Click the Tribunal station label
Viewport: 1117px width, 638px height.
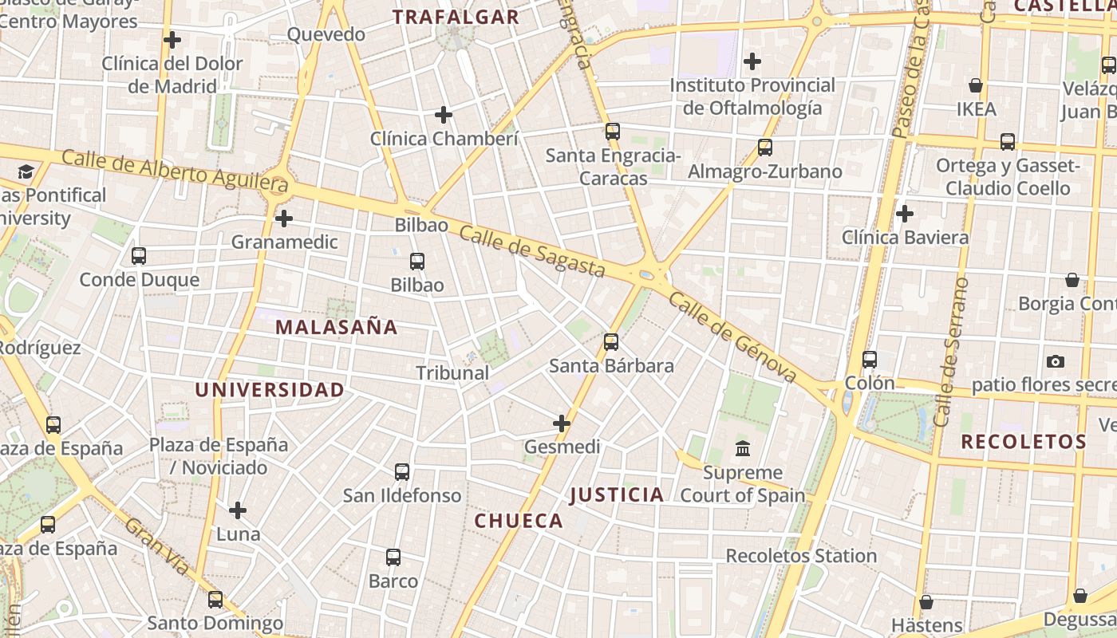[452, 372]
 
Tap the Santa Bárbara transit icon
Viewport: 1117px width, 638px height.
[611, 342]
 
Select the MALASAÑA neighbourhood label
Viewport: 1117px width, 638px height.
[336, 327]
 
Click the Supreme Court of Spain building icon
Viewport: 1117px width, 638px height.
[743, 448]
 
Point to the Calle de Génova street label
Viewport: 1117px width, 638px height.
[732, 337]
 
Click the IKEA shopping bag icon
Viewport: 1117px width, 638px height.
[975, 85]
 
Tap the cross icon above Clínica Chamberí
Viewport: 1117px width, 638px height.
[444, 115]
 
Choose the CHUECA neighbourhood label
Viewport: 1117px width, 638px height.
[519, 521]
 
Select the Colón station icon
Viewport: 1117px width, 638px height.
[870, 360]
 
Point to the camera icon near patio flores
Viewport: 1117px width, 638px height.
[1056, 362]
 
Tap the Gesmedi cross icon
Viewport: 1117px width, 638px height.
[562, 423]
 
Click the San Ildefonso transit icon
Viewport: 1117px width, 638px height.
[402, 472]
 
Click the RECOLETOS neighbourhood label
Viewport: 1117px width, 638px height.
[1024, 442]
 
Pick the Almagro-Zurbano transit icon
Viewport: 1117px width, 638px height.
[765, 148]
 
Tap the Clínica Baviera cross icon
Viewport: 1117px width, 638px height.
[905, 214]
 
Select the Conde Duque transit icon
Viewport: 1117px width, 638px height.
[139, 256]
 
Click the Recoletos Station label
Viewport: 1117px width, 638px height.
[801, 556]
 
